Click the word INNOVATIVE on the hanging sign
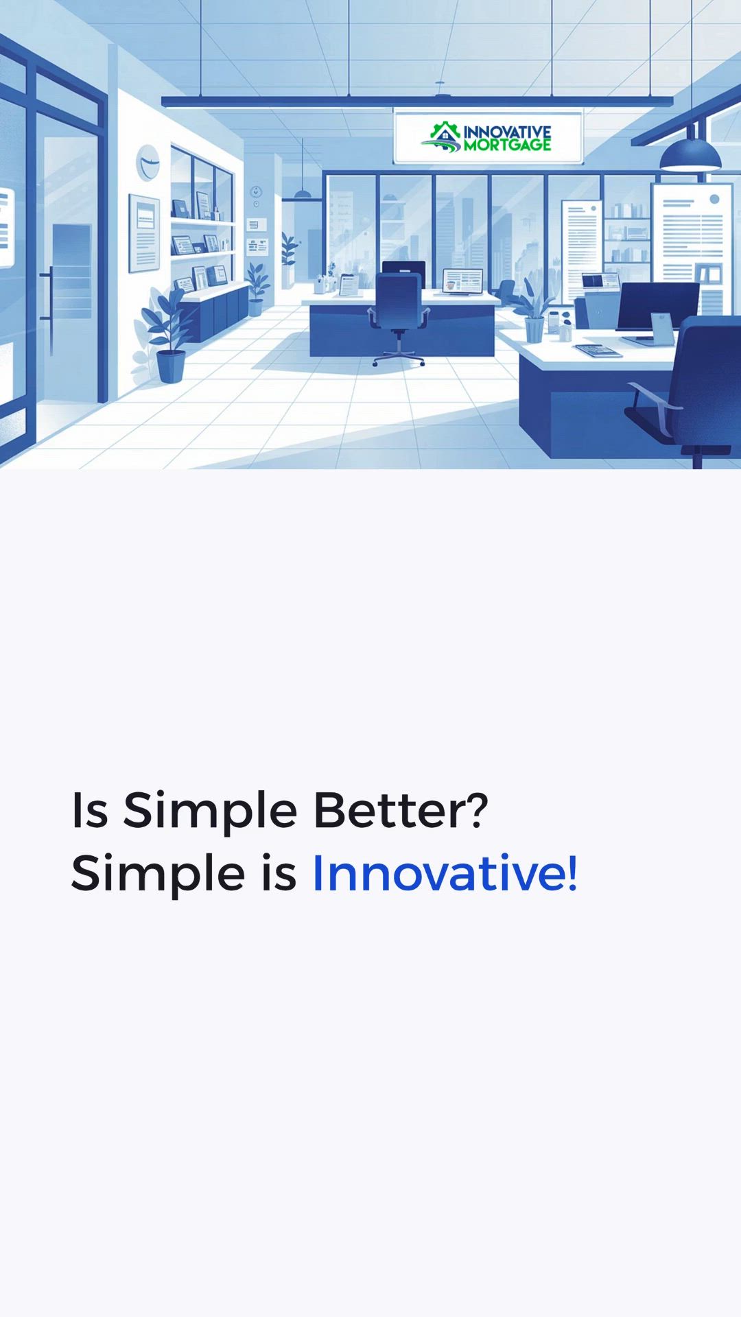[507, 132]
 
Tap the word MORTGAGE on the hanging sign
[507, 145]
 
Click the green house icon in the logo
[445, 131]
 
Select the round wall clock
[148, 163]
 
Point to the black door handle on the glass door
[48, 302]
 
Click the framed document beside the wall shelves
[144, 233]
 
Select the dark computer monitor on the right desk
[657, 307]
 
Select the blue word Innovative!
[445, 873]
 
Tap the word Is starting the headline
[90, 810]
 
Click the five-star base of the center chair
[399, 357]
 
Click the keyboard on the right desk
[598, 351]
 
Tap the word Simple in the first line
[210, 812]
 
